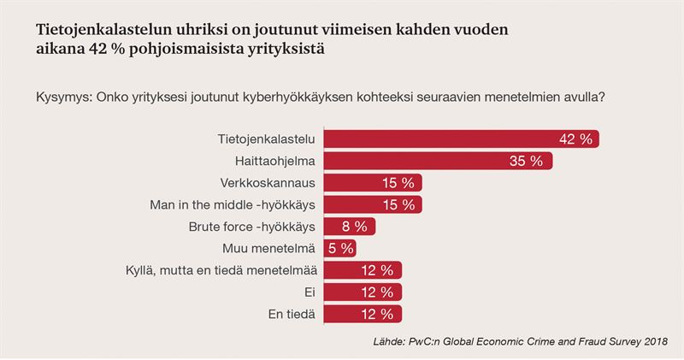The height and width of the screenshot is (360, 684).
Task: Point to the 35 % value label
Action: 526,161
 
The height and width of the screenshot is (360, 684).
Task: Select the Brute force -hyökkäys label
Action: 252,227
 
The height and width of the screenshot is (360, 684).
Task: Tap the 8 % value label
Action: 354,227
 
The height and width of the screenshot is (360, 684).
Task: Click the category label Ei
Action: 310,293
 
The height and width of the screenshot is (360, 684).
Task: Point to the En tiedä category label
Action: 292,315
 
